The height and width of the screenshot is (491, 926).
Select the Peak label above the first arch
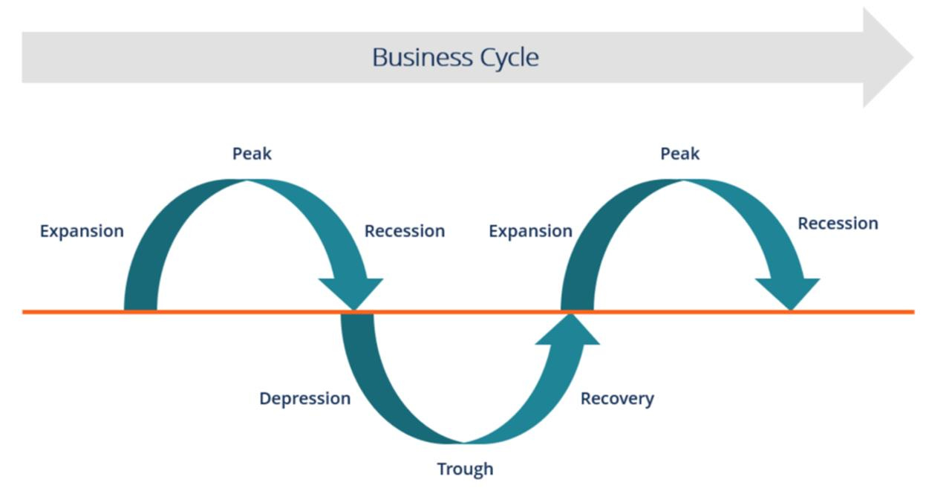coord(252,154)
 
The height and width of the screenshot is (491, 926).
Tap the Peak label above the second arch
coord(679,154)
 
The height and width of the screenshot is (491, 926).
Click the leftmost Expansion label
coord(82,231)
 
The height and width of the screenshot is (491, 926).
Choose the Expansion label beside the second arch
coord(530,231)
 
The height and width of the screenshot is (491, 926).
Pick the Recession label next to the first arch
coord(404,231)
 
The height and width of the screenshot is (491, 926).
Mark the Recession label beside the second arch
coord(838,224)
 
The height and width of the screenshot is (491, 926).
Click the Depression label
coord(304,399)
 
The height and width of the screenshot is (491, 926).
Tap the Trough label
coord(465,469)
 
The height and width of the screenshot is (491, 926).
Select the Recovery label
coord(617,399)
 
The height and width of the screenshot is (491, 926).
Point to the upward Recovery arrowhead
coord(568,331)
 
